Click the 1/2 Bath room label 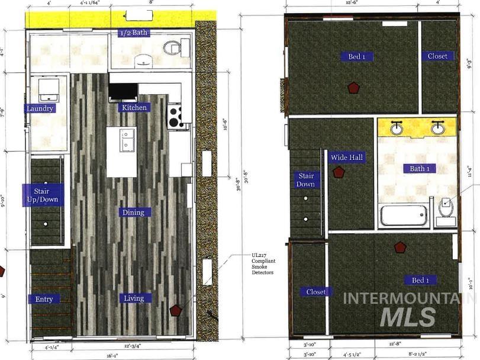tap(133, 33)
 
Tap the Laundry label tap(40, 108)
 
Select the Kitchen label tap(134, 107)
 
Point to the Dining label tap(134, 212)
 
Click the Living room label tap(134, 298)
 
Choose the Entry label tap(44, 299)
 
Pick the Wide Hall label tap(347, 157)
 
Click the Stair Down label tap(305, 180)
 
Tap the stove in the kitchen tap(175, 116)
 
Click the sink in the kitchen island tap(127, 141)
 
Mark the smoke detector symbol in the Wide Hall tap(339, 172)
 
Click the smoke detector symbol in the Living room tap(175, 310)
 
